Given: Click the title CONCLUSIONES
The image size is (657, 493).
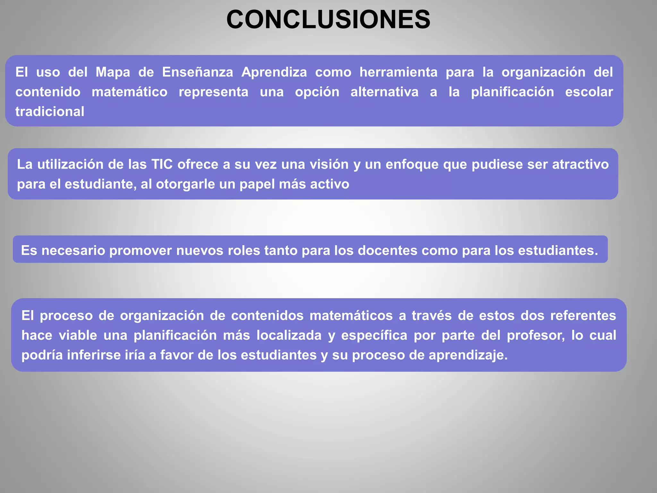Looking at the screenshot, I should pyautogui.click(x=328, y=20).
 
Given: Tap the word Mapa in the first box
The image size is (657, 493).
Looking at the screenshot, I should pyautogui.click(x=113, y=72).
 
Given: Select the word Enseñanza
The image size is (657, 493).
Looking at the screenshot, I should pyautogui.click(x=198, y=72).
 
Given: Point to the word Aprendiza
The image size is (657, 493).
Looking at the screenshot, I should pyautogui.click(x=274, y=72).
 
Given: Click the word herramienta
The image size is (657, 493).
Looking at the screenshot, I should pyautogui.click(x=398, y=72).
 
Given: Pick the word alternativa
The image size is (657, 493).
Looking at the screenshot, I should pyautogui.click(x=384, y=92).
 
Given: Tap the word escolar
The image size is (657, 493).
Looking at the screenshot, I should pyautogui.click(x=589, y=92).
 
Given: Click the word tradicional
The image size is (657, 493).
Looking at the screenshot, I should pyautogui.click(x=50, y=112).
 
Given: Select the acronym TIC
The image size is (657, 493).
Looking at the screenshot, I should pyautogui.click(x=162, y=164).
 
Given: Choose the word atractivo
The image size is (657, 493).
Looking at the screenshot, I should pyautogui.click(x=580, y=164).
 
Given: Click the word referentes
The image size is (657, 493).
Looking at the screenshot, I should pyautogui.click(x=583, y=316).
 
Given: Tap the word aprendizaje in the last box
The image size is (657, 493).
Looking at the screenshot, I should pyautogui.click(x=468, y=355).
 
